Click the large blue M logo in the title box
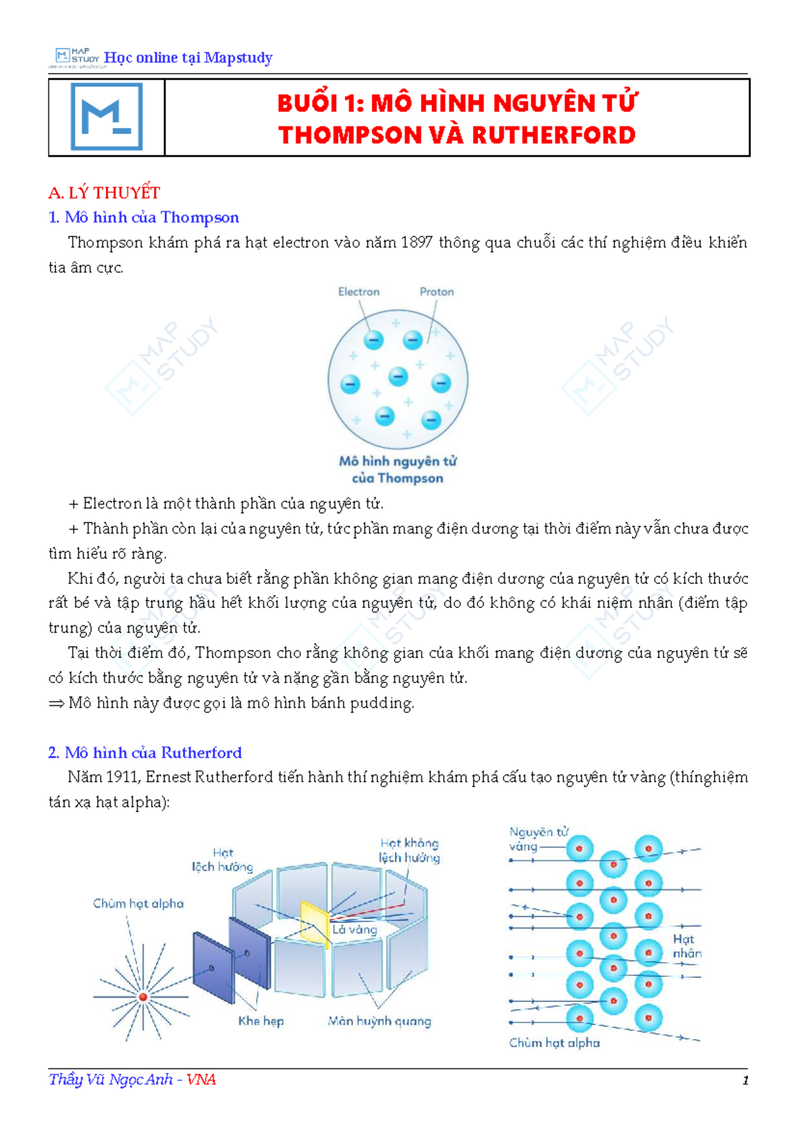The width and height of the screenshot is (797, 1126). [x=107, y=117]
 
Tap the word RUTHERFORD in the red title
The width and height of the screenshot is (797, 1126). [x=554, y=135]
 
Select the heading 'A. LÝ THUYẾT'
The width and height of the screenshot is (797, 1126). [x=104, y=193]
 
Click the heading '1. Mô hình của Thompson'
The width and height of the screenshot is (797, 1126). [x=144, y=218]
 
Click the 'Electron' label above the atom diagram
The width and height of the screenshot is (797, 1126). [x=359, y=291]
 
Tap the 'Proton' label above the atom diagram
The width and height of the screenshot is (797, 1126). [x=436, y=291]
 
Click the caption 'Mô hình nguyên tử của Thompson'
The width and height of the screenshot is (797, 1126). [x=398, y=469]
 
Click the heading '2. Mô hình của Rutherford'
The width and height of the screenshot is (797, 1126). [x=145, y=752]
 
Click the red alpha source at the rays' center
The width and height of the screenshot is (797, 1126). [x=143, y=997]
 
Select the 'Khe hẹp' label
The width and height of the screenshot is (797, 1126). [x=261, y=1021]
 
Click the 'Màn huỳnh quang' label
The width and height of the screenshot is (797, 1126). [x=380, y=1022]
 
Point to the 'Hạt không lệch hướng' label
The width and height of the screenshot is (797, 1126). [x=409, y=850]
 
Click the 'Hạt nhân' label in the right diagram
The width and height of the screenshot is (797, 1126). [x=687, y=946]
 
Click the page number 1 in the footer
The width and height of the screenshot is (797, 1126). [x=745, y=1080]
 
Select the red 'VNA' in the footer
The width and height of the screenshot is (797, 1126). [x=201, y=1080]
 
